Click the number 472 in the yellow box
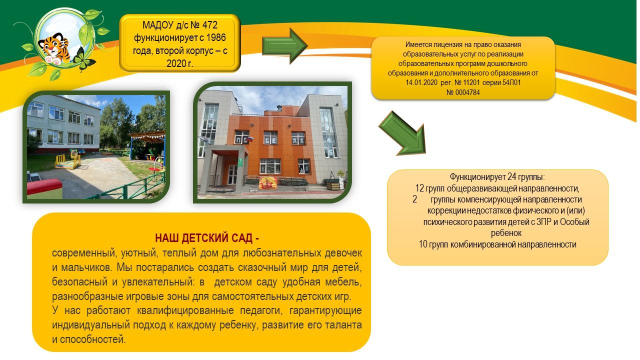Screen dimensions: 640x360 (x=210, y=25)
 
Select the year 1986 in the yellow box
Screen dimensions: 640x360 (x=216, y=37)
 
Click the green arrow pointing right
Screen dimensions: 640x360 (x=284, y=45)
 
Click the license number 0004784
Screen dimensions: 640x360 (x=467, y=92)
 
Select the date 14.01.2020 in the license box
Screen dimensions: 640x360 (x=421, y=82)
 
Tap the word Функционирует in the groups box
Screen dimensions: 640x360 (x=477, y=177)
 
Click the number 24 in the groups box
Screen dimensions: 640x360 (x=512, y=177)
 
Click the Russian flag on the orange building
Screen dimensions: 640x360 (x=250, y=139)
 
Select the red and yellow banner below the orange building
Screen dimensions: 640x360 (x=267, y=183)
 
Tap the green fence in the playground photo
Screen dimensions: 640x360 (x=128, y=187)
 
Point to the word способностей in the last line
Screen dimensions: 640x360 (x=93, y=339)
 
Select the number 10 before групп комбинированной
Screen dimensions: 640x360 (x=423, y=244)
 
